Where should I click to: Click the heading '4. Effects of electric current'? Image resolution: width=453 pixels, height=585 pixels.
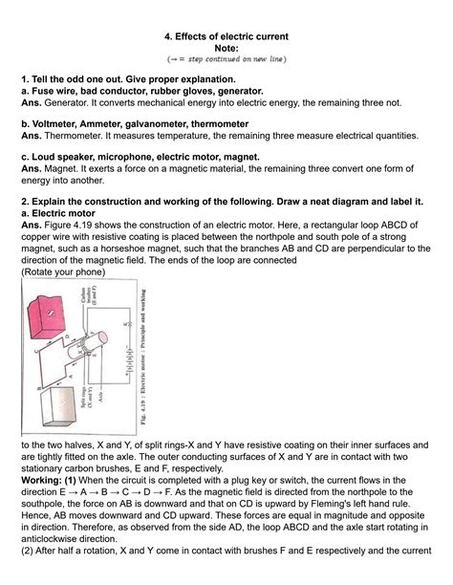(x=226, y=36)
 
